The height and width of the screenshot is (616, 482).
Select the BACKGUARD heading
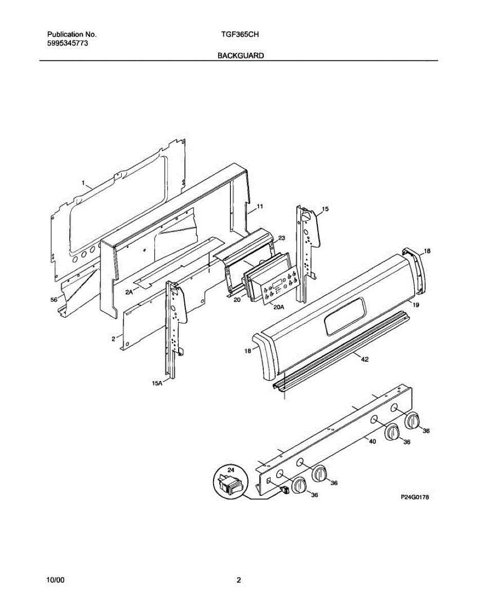click(x=241, y=55)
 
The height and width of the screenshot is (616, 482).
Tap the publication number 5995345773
click(x=67, y=44)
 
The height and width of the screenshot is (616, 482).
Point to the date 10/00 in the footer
click(x=55, y=581)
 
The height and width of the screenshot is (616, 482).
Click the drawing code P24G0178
click(x=414, y=497)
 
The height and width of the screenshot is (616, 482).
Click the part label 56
click(x=53, y=300)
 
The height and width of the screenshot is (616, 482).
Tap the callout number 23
click(x=281, y=238)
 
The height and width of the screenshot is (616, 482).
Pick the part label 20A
click(x=279, y=307)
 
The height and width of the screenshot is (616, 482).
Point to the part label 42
click(x=364, y=359)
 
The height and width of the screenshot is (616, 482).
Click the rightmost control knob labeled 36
click(x=412, y=421)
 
